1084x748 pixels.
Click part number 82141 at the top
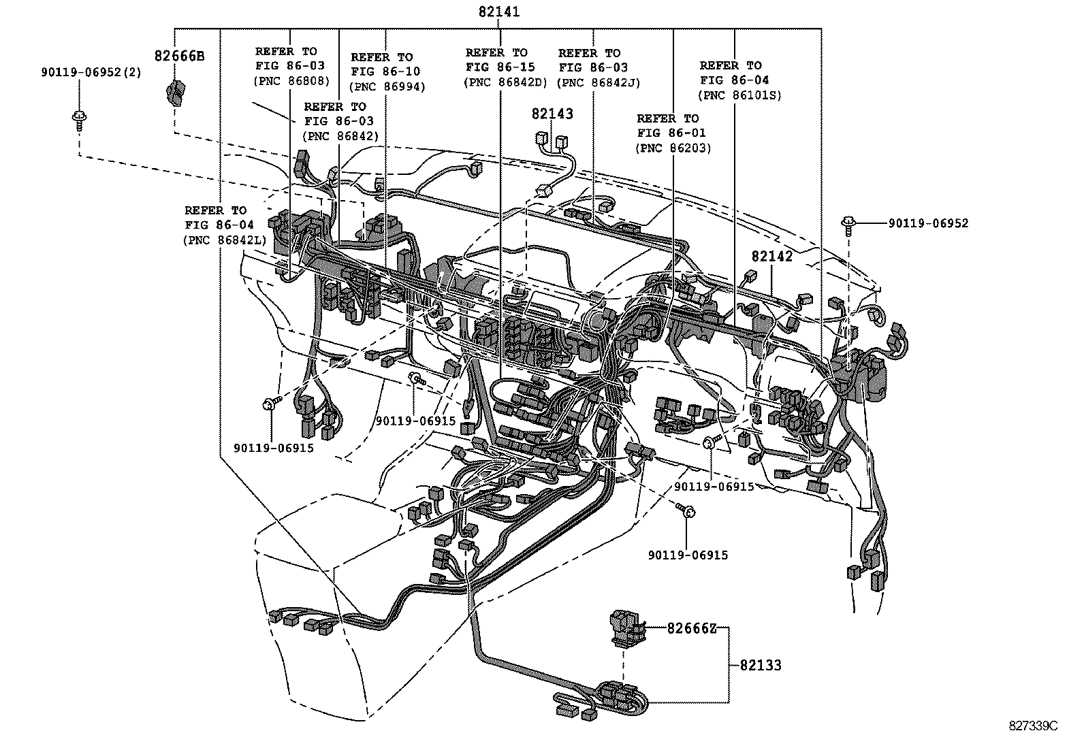(499, 12)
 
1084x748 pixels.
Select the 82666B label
(179, 56)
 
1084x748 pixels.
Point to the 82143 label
(552, 114)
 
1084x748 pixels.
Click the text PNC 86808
(291, 80)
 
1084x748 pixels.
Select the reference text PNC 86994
(387, 86)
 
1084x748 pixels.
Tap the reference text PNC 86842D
(505, 82)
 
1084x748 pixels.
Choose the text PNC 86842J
(599, 82)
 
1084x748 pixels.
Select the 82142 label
(772, 256)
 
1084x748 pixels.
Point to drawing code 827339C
(1033, 726)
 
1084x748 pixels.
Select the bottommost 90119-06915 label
(688, 555)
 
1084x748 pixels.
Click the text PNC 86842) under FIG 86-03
(340, 135)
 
